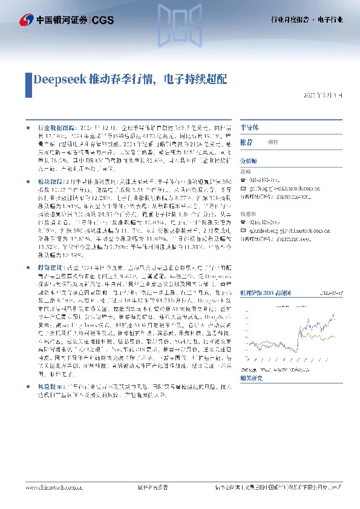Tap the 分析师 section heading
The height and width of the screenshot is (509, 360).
tap(249, 161)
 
